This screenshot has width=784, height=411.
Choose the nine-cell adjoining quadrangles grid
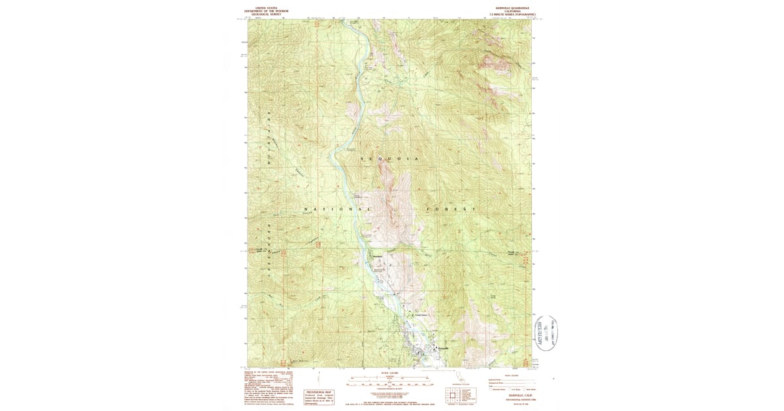453,396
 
